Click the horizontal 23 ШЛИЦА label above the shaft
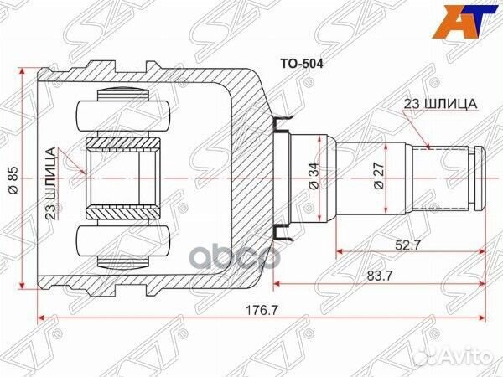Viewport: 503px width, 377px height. (440, 103)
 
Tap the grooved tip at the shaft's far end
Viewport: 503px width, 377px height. (479, 178)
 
